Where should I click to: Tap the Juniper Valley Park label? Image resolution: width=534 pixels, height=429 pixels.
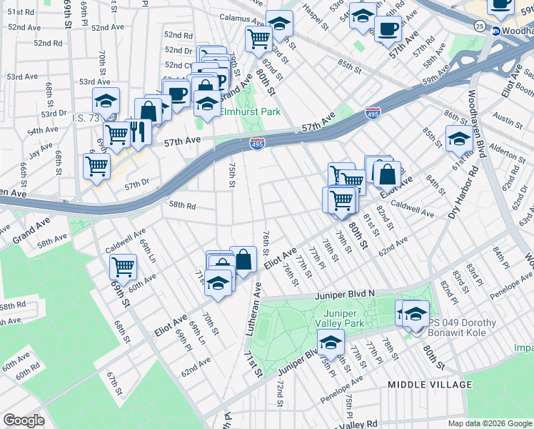(x=344, y=318)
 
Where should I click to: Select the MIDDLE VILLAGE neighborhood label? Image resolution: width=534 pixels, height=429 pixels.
(x=429, y=385)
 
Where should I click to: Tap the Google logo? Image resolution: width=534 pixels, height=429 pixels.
(x=24, y=420)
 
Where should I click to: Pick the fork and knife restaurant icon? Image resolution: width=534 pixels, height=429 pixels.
(x=138, y=131)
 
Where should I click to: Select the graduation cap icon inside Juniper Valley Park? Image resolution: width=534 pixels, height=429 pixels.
(x=330, y=344)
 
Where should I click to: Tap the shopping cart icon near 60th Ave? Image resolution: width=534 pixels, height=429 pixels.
(x=124, y=267)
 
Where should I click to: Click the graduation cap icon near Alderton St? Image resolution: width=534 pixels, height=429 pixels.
(x=458, y=138)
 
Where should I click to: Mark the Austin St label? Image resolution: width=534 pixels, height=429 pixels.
(x=508, y=121)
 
